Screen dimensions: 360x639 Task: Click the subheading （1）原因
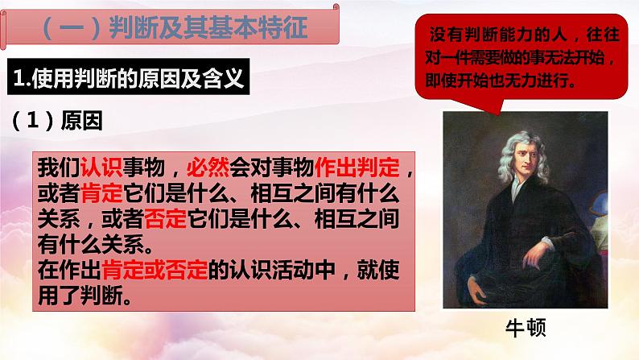58,118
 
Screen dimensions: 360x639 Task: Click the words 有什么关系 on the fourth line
89,245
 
